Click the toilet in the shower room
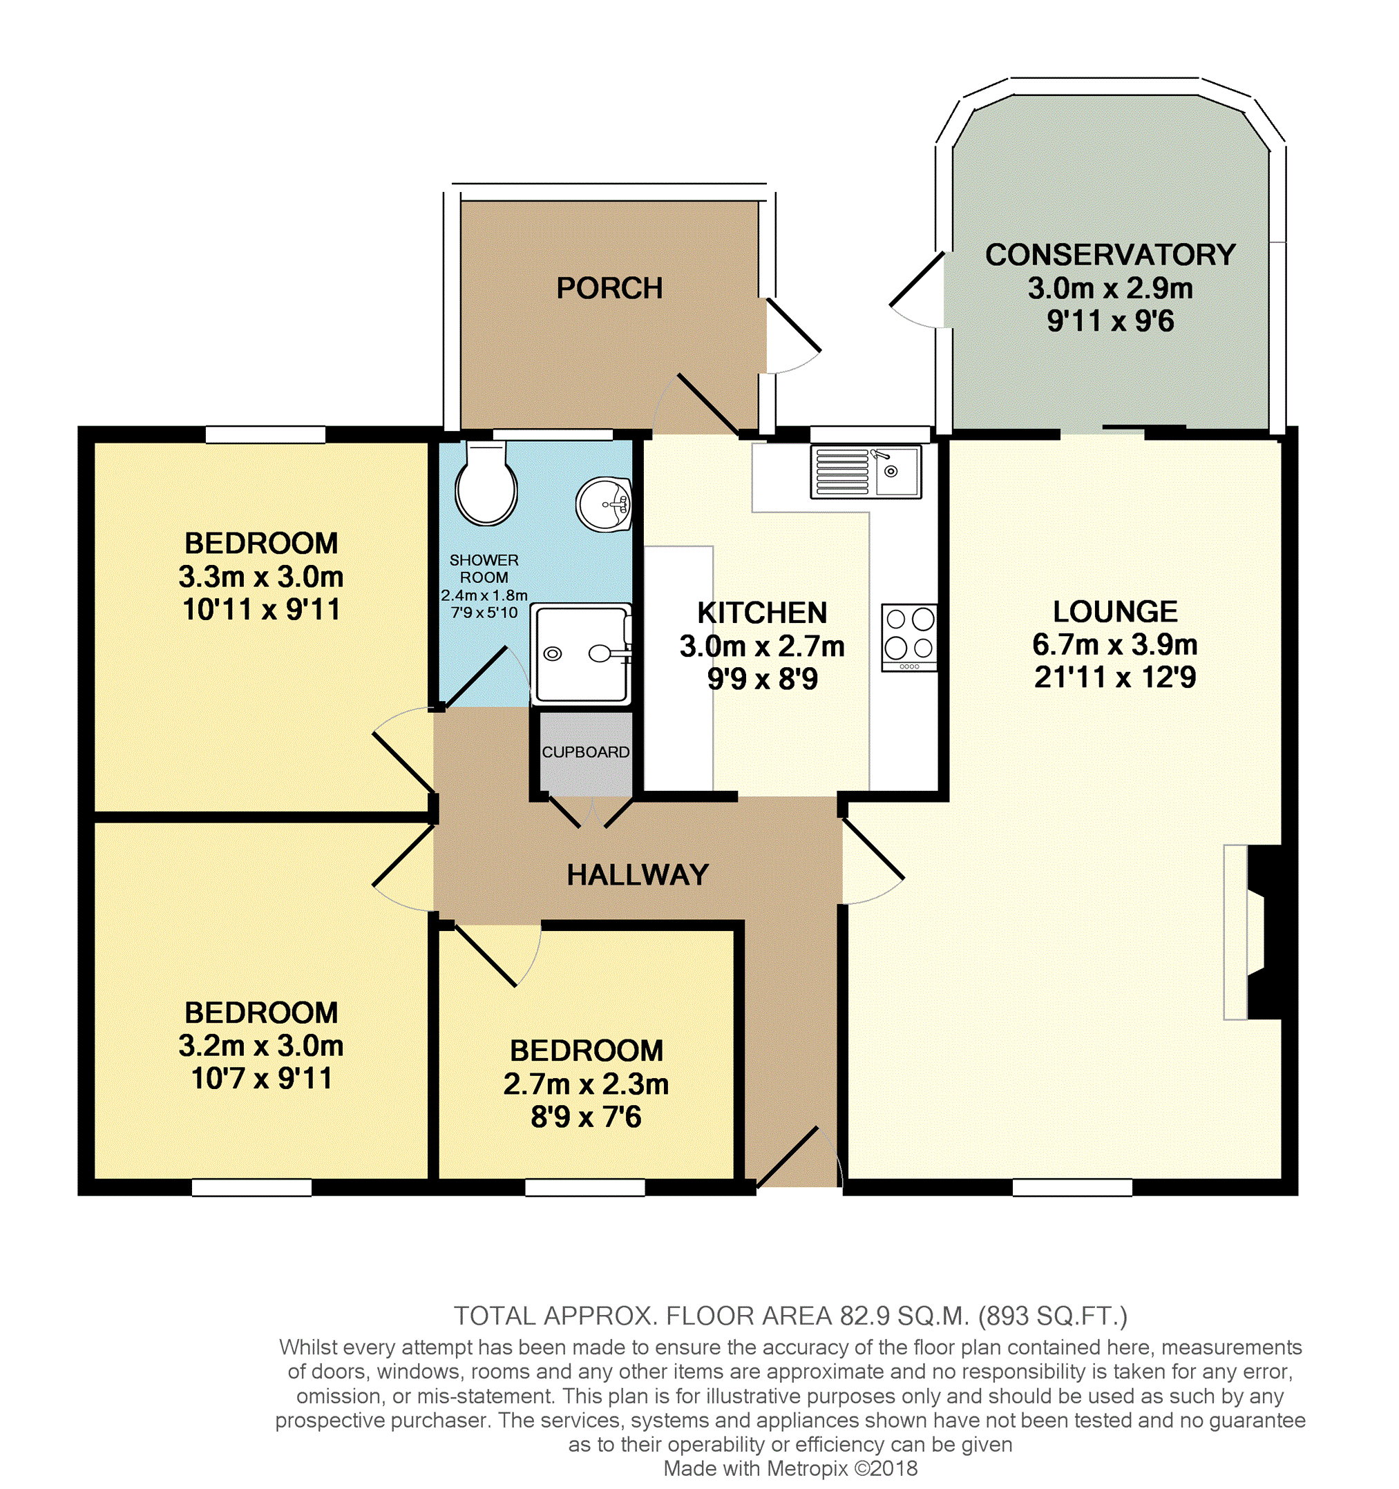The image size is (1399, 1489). [486, 483]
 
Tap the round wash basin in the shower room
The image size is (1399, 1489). [603, 503]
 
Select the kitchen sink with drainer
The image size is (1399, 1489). [866, 472]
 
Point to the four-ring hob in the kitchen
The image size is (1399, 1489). [909, 637]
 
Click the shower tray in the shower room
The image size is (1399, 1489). [581, 654]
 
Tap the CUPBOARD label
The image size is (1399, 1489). [585, 752]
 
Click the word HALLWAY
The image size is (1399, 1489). [638, 875]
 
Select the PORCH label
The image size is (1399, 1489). [609, 289]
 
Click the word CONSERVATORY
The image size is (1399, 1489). [1110, 255]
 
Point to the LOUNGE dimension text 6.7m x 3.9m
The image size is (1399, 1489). [1115, 644]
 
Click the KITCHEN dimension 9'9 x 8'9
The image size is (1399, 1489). [762, 679]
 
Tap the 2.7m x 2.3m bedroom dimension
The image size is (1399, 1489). [586, 1084]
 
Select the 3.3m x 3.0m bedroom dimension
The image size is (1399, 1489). [260, 577]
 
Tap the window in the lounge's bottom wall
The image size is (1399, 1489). [1072, 1188]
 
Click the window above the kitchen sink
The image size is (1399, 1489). [870, 434]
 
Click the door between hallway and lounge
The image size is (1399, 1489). [873, 861]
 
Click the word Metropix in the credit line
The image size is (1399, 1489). [807, 1468]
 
